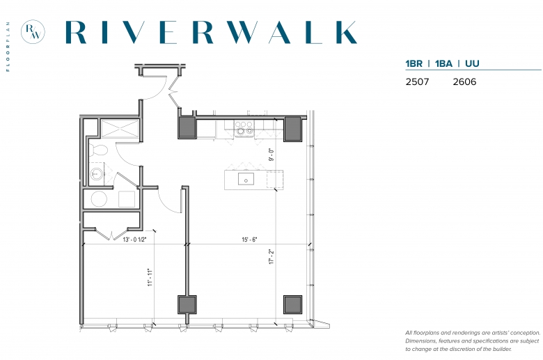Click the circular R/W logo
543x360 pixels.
click(33, 32)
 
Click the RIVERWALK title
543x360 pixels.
click(211, 32)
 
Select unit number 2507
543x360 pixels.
click(417, 81)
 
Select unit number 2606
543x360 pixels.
click(464, 81)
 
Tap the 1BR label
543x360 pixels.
click(414, 64)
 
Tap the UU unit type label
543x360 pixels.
click(472, 64)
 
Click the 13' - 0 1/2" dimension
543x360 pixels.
click(135, 240)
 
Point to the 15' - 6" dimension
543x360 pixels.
click(249, 240)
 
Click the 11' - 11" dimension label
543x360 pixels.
click(150, 277)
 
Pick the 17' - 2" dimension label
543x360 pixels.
click(271, 257)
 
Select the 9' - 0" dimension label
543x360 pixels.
click(271, 155)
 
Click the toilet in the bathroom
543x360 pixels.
click(98, 150)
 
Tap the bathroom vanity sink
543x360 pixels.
click(97, 174)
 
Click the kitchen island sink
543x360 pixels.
click(246, 180)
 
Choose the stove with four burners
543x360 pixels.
click(244, 127)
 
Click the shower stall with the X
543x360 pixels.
click(120, 129)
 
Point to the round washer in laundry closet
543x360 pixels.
click(99, 199)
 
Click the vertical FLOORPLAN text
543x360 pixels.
click(8, 47)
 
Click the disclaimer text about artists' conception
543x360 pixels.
click(473, 341)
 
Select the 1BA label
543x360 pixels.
click(443, 64)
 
